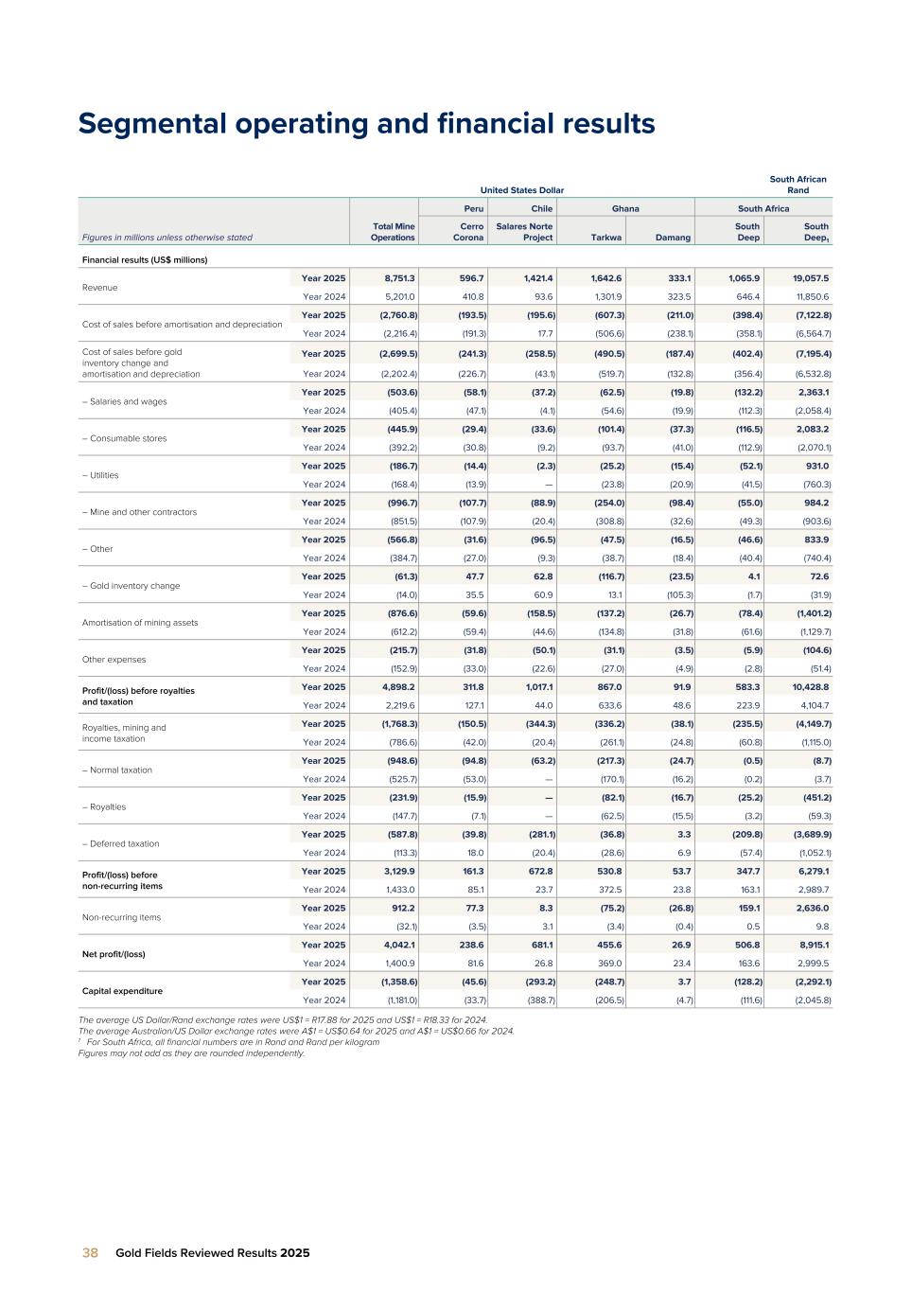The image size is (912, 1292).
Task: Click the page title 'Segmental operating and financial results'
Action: click(366, 124)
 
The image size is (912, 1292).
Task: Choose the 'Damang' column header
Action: click(674, 238)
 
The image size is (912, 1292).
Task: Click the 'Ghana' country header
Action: click(624, 208)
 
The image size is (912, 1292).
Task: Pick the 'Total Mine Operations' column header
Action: click(393, 232)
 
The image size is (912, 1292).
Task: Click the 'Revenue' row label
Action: click(100, 287)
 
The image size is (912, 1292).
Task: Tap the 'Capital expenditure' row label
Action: click(122, 991)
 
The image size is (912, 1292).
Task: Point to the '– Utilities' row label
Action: click(100, 475)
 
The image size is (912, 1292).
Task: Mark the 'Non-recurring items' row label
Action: click(121, 917)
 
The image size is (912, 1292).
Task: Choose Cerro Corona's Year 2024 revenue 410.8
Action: click(470, 296)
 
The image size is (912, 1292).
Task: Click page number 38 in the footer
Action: click(90, 1252)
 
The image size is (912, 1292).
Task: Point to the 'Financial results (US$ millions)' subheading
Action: click(145, 259)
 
